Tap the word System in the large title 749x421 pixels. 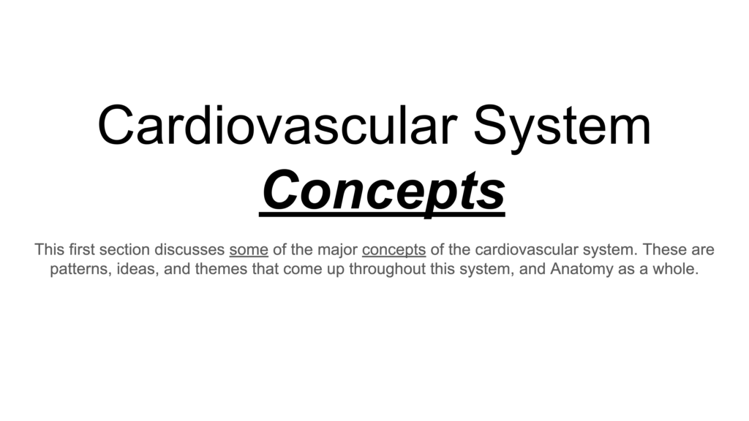[x=562, y=129]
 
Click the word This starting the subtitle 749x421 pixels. [x=49, y=249]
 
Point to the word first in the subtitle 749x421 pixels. [x=82, y=249]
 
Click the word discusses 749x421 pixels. [x=189, y=249]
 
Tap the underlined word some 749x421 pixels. [x=249, y=250]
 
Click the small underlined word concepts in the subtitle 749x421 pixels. [x=394, y=251]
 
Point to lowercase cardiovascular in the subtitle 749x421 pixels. [x=520, y=249]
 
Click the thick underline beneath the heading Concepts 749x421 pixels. [x=382, y=216]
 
